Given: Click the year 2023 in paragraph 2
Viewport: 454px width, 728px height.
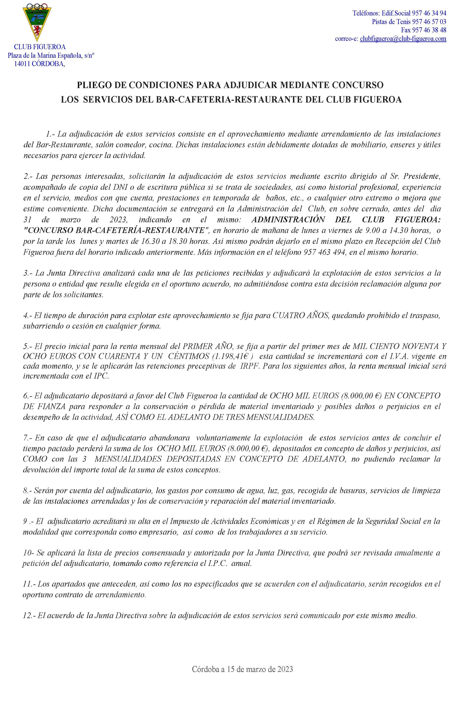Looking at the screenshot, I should pyautogui.click(x=121, y=220).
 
